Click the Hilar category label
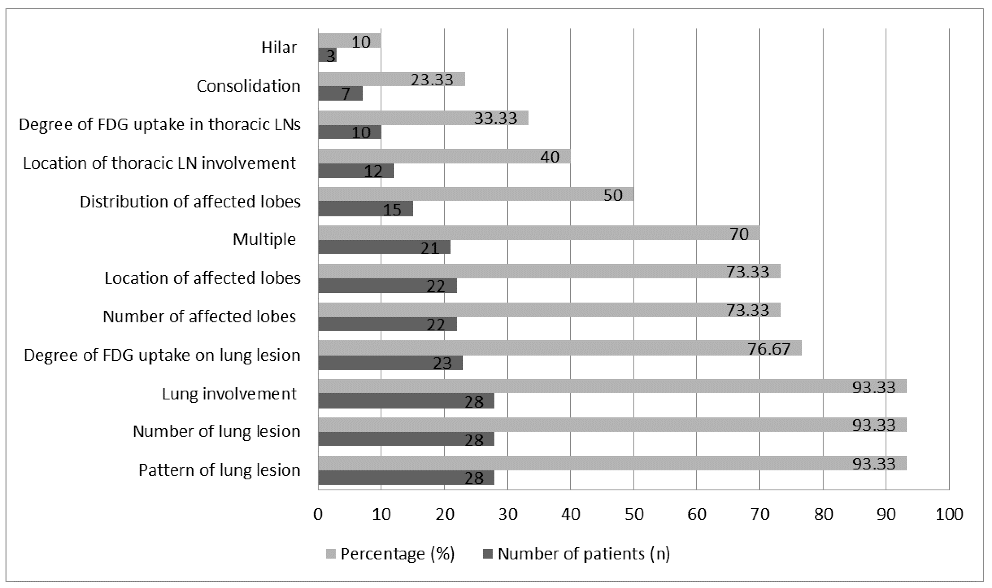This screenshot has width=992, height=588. coord(279,48)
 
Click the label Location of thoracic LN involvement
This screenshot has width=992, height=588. coord(160,163)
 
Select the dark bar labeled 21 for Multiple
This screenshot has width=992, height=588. coord(384,247)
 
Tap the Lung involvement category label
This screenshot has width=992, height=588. coord(230,394)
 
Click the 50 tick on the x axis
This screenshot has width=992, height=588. coord(634,514)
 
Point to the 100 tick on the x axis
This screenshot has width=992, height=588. coord(949,514)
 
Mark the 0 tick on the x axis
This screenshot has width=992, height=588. coord(318,514)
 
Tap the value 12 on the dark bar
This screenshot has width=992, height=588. coord(373,171)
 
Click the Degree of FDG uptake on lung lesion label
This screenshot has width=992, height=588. coord(162,355)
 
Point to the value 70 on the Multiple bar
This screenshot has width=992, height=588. coord(739,234)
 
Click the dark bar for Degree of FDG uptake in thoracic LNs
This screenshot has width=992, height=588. coord(349,132)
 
